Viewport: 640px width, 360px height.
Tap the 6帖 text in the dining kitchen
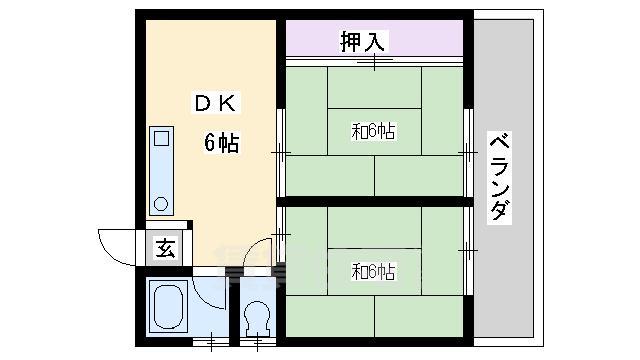222,143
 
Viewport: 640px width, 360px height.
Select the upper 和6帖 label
372,131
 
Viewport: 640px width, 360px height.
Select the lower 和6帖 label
372,270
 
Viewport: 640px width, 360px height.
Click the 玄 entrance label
166,249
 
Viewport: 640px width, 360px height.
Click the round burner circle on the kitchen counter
161,203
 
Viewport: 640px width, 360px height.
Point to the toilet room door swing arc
260,251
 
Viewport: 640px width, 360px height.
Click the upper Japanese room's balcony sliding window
468,151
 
